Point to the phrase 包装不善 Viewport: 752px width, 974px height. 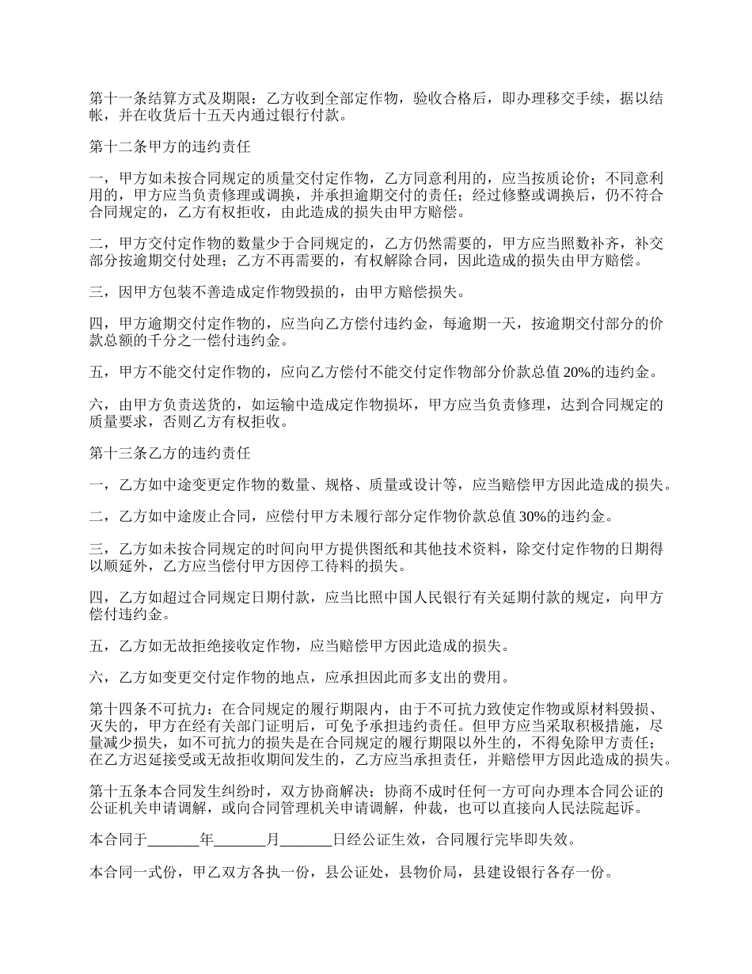[x=213, y=292]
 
